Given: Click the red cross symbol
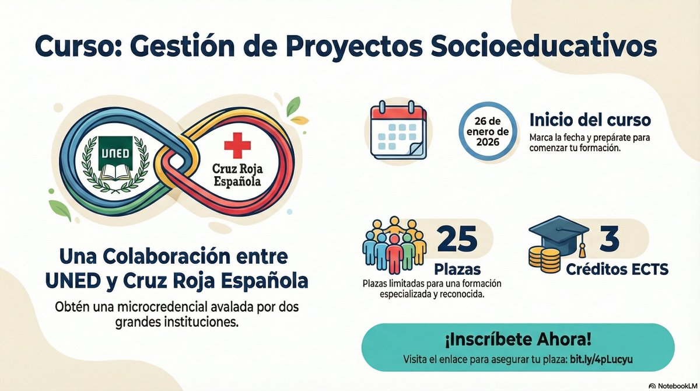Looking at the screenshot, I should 236,144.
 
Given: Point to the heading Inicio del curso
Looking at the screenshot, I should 590,121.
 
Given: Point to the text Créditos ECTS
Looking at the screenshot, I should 617,270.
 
